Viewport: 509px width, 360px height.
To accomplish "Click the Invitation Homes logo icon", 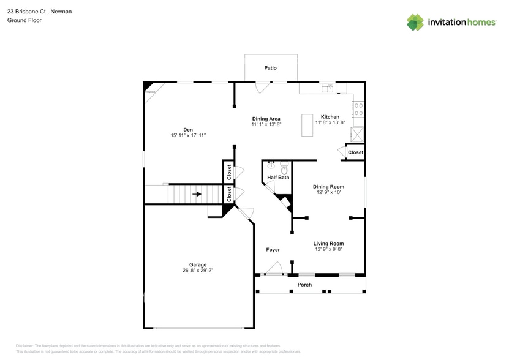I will coord(415,23).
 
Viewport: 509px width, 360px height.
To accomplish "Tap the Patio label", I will coord(270,68).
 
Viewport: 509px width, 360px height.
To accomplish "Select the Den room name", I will coord(188,129).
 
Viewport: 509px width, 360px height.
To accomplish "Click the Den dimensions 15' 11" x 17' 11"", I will coord(188,135).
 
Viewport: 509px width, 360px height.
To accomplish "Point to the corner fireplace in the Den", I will coord(148,87).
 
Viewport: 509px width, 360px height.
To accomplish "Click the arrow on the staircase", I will coord(197,195).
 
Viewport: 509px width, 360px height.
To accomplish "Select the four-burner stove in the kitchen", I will coord(358,110).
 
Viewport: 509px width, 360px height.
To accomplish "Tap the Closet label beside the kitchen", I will coord(355,152).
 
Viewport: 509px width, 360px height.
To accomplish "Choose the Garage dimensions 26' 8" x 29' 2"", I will coord(197,270).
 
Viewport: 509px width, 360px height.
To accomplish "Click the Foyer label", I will coord(273,250).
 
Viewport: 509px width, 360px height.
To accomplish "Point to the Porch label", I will coord(304,285).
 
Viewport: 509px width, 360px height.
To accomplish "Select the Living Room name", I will coord(329,243).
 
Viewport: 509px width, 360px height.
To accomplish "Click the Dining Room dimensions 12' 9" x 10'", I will coord(328,193).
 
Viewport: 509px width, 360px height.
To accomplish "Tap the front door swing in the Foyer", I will coord(274,268).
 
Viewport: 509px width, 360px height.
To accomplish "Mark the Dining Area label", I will coord(266,118).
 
